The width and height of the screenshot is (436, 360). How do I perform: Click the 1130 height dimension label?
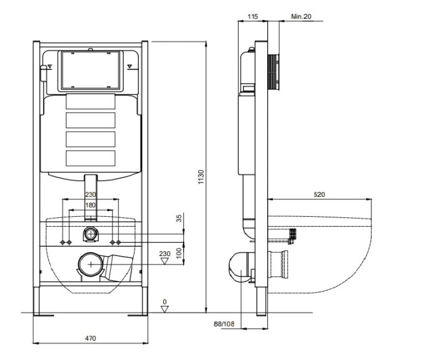(x=201, y=177)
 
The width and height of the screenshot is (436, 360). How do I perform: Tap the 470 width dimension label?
(x=90, y=338)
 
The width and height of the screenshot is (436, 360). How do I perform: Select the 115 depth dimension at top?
(x=252, y=16)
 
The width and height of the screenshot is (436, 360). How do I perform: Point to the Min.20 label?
(x=301, y=16)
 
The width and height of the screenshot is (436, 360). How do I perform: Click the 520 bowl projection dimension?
(x=319, y=194)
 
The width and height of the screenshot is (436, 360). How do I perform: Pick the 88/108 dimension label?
(x=224, y=324)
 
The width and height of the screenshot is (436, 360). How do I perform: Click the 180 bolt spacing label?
(x=90, y=205)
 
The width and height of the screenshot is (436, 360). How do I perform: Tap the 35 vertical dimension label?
(x=179, y=218)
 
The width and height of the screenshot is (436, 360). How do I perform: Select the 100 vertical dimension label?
(x=179, y=253)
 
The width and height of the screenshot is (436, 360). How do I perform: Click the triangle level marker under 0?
(x=165, y=309)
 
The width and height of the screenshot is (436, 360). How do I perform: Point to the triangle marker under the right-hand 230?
(x=165, y=261)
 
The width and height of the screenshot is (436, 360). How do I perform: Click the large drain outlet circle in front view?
(x=91, y=264)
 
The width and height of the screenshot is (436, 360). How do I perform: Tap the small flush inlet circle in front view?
(x=91, y=234)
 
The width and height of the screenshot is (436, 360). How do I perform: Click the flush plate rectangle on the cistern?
(x=90, y=71)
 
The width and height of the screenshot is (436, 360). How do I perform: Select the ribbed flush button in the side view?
(x=273, y=72)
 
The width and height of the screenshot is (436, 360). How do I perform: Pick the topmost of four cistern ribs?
(x=91, y=102)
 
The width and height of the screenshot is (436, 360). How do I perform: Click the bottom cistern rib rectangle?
(x=91, y=158)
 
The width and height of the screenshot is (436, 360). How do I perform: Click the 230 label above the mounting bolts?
(x=90, y=194)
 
